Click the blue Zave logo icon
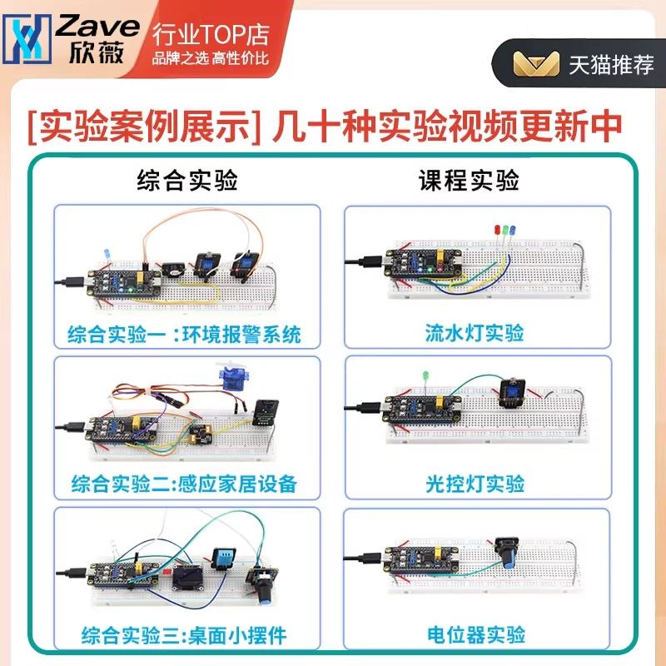(x=27, y=39)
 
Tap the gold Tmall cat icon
(x=536, y=64)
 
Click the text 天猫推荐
(x=611, y=65)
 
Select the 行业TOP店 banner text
(x=211, y=34)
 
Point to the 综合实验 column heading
(x=187, y=180)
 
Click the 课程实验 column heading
(x=469, y=180)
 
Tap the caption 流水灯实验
(x=475, y=332)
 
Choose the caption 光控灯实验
(x=475, y=484)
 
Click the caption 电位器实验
(x=476, y=634)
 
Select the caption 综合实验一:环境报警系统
(x=184, y=335)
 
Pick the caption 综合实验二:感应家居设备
(x=184, y=484)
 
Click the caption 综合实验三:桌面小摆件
(x=184, y=635)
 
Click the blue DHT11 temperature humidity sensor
(x=221, y=558)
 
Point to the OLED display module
(x=188, y=579)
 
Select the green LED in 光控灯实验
(x=425, y=376)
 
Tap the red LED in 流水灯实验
(x=497, y=230)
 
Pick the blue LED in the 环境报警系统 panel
(x=107, y=254)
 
